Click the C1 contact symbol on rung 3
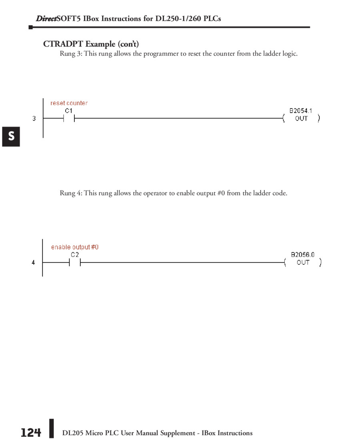pos(69,119)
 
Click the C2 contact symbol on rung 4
pos(75,263)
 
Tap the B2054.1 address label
pos(300,111)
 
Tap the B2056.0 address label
pos(302,255)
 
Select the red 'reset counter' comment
pos(69,103)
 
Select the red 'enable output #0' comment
pos(75,247)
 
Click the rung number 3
pos(34,119)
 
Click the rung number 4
pos(33,263)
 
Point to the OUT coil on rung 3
pos(301,119)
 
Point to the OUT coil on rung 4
pos(303,263)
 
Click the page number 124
pos(31,433)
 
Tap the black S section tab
pos(11,136)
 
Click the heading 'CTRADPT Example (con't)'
pos(91,44)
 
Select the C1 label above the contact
pos(69,110)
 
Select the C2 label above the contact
pos(75,255)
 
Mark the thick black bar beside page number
pos(51,429)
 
